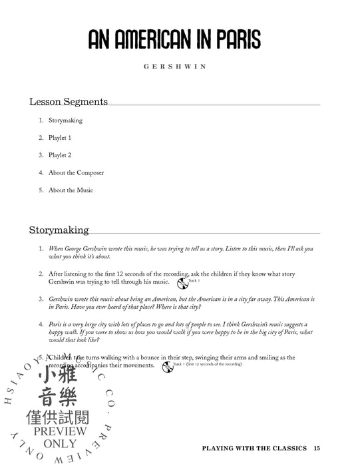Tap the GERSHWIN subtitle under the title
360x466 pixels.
179,67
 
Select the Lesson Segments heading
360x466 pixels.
68,102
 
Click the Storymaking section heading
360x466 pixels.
59,230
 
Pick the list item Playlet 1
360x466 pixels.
60,138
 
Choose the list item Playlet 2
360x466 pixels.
60,155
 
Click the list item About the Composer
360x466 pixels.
76,172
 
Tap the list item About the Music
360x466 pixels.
71,190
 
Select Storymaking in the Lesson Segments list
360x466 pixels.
65,120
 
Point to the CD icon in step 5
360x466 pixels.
168,367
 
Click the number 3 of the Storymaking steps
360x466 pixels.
41,300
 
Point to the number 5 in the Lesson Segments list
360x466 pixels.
41,190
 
